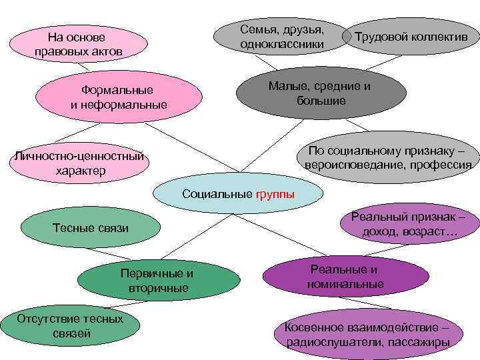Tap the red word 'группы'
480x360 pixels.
(x=275, y=195)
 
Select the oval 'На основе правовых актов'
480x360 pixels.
(x=81, y=43)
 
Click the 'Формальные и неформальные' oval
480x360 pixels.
(x=119, y=97)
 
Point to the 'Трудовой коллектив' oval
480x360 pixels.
(x=411, y=36)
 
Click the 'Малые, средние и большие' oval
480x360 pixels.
(x=319, y=93)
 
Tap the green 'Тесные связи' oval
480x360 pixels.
(x=91, y=229)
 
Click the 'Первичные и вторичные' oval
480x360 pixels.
(x=158, y=281)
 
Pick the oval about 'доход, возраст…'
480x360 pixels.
(x=409, y=225)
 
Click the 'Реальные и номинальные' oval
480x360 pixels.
(x=345, y=277)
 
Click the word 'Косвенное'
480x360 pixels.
(x=313, y=327)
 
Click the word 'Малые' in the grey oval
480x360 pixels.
(x=283, y=86)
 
